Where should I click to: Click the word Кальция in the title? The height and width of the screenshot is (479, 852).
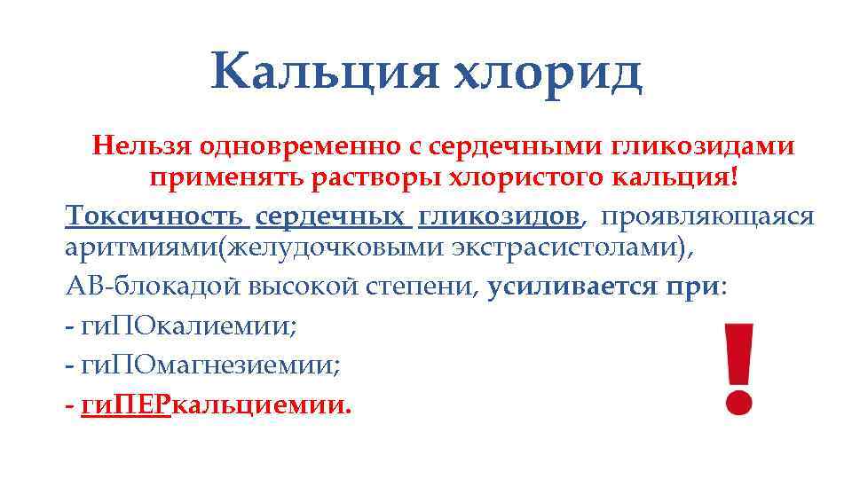tap(325, 72)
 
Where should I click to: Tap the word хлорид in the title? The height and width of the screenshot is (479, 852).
tap(547, 72)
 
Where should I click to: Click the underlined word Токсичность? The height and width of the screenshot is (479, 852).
tap(154, 216)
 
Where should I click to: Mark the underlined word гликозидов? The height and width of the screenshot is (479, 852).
tap(499, 216)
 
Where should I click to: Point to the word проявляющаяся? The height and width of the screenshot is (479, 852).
tap(708, 216)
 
